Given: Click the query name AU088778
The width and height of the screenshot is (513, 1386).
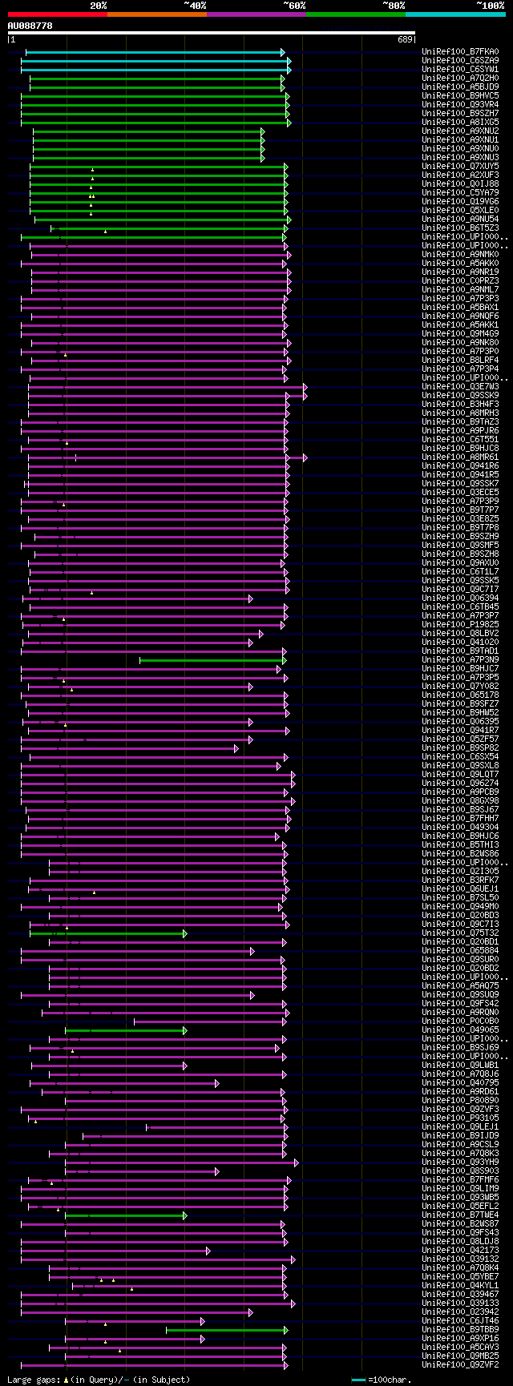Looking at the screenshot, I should coord(30,26).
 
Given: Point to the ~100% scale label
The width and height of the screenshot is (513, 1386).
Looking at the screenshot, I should coord(490,6).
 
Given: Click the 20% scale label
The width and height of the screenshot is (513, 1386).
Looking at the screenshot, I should coord(99,6).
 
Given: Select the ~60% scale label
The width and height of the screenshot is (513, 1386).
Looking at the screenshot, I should coord(294,6).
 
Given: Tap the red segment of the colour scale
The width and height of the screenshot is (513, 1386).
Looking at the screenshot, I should coord(57,14).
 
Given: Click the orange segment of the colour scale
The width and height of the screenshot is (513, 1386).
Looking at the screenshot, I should coord(156,14).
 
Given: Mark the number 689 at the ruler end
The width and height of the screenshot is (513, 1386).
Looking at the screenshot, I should coord(405,39).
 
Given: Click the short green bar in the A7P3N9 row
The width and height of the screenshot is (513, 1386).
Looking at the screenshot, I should coord(211,660).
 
